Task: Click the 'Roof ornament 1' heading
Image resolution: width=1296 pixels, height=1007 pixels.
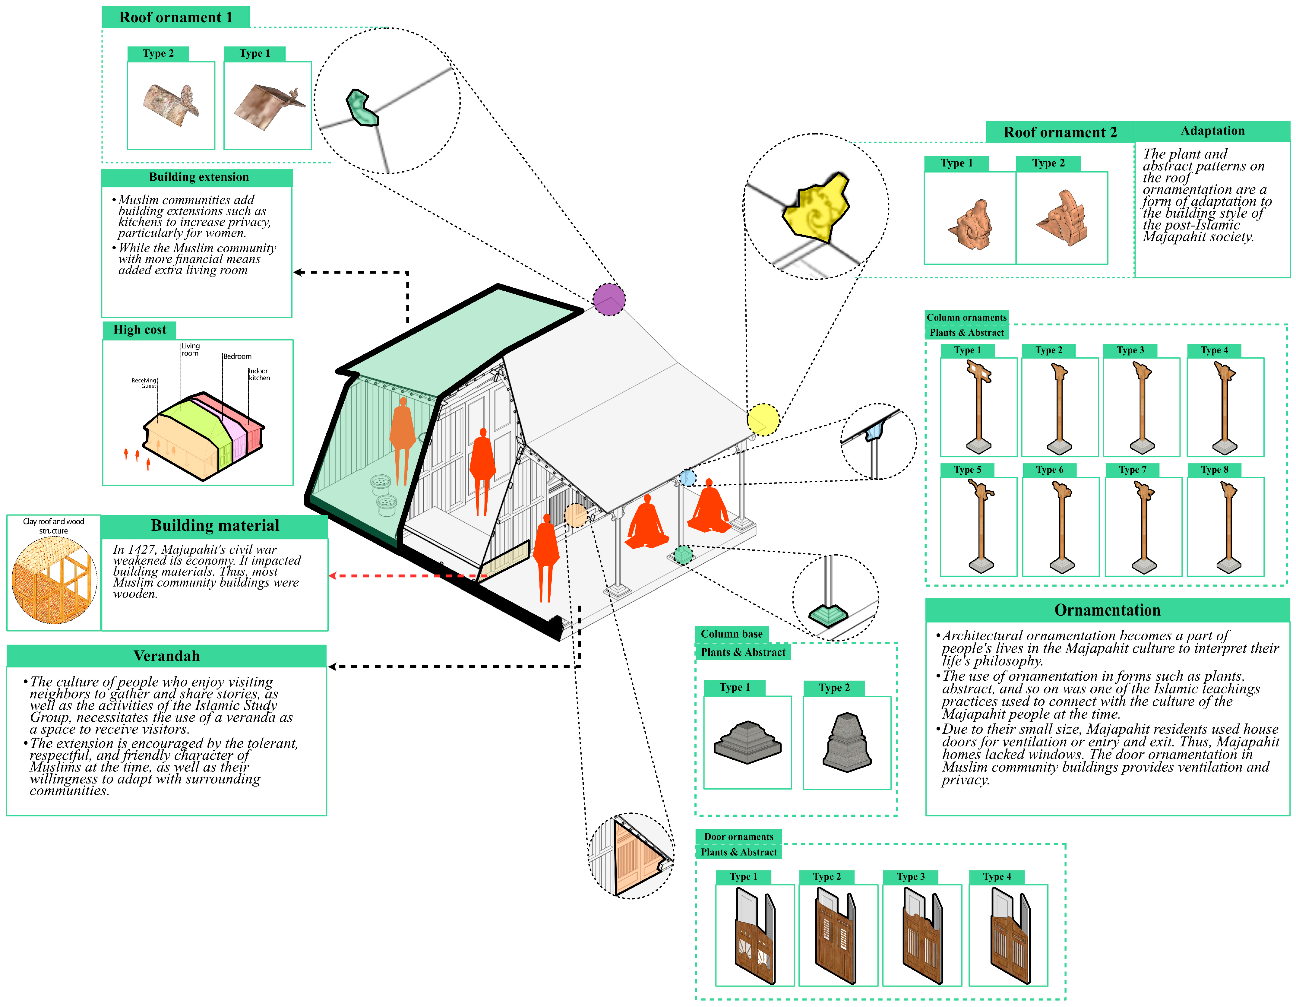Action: [176, 17]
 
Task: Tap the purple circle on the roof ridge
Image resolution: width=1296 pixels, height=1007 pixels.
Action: [609, 299]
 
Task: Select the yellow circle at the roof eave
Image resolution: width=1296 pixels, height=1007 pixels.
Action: [763, 420]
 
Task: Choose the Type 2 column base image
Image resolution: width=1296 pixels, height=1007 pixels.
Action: [847, 742]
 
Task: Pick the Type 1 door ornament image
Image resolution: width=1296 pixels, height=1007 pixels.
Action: [755, 935]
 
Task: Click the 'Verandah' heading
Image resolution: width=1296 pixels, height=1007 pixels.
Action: [167, 656]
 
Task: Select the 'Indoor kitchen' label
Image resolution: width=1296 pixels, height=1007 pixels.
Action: [259, 375]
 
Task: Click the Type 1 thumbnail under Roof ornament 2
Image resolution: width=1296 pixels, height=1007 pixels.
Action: [970, 218]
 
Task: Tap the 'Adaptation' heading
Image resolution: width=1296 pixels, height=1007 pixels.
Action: [1212, 131]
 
